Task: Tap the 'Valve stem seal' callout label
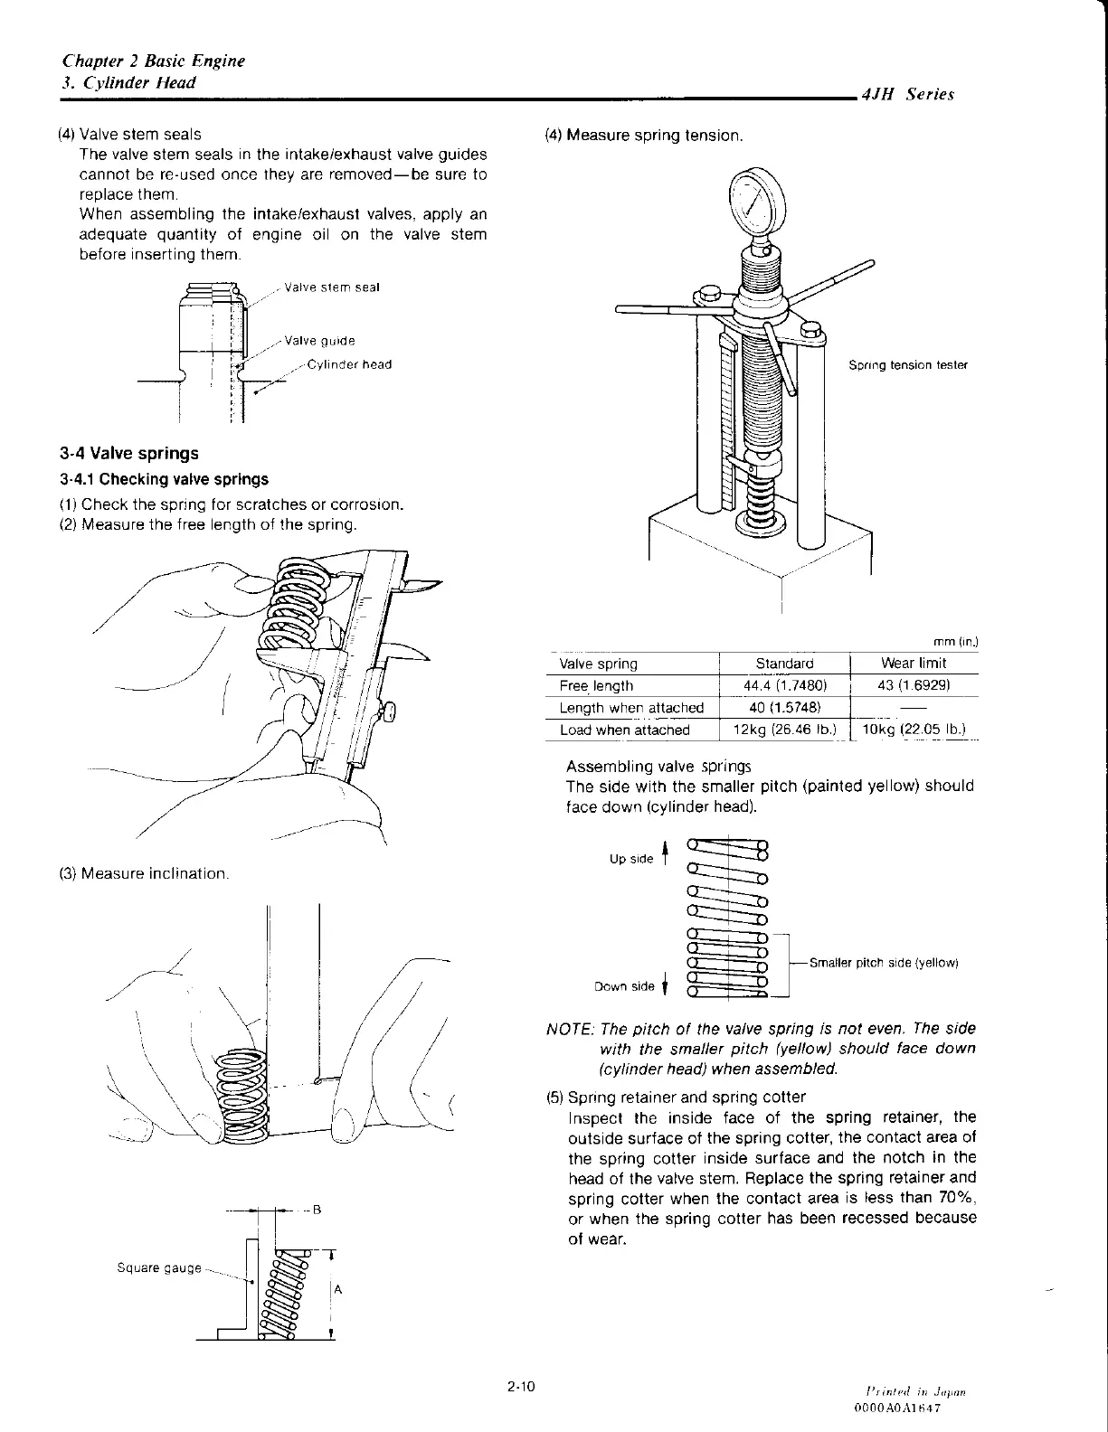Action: click(x=331, y=287)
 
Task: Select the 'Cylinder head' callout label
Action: click(x=349, y=364)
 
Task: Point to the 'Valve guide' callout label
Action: click(x=319, y=341)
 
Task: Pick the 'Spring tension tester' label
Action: click(x=907, y=365)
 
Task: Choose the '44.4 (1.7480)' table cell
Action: click(x=784, y=686)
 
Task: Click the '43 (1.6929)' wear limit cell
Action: click(x=913, y=686)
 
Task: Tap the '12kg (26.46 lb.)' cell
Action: click(x=784, y=730)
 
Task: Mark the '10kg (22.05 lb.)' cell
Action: click(x=913, y=730)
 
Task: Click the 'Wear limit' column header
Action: click(x=913, y=664)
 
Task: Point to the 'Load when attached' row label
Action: click(x=624, y=730)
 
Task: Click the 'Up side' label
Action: click(x=631, y=859)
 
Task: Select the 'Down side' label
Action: click(x=624, y=986)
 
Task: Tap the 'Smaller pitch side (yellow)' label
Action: click(x=883, y=963)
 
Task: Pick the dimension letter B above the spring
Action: click(x=317, y=1210)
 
